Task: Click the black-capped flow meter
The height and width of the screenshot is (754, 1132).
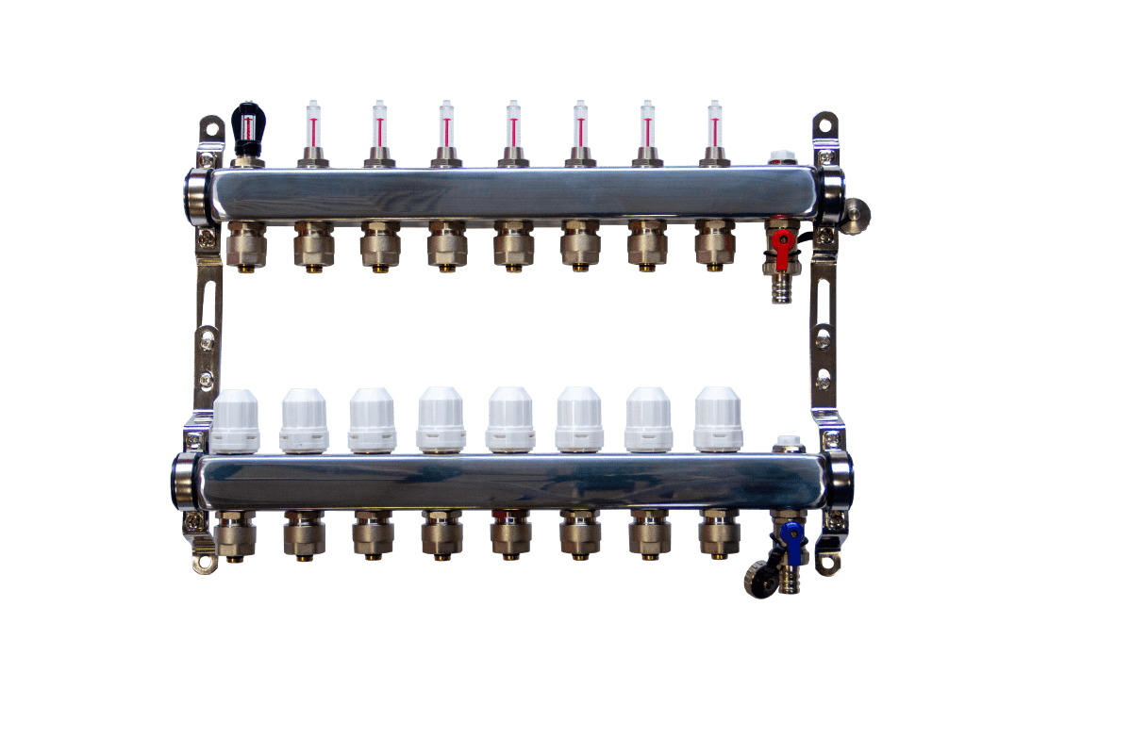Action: [x=248, y=127]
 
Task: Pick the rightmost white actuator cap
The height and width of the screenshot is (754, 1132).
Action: [x=718, y=418]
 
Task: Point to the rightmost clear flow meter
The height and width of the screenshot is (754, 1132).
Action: [x=714, y=127]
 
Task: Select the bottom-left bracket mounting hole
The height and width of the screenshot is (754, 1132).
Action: [x=206, y=563]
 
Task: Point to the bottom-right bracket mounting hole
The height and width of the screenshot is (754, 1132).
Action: [x=829, y=563]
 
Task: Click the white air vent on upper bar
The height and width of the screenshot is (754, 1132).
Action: [x=780, y=157]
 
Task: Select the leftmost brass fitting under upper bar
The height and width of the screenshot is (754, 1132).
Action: [x=247, y=245]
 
